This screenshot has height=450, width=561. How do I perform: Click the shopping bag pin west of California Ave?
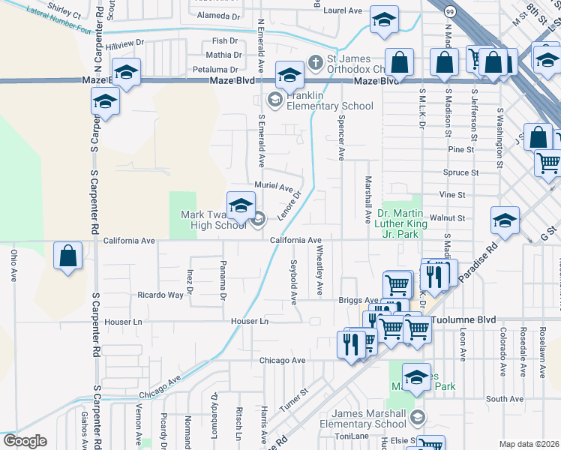click(68, 256)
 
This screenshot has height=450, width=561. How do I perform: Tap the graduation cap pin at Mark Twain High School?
click(241, 205)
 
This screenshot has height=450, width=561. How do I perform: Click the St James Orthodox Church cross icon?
click(316, 61)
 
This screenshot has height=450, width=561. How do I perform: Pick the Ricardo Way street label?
click(160, 295)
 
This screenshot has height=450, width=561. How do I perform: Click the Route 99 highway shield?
click(448, 12)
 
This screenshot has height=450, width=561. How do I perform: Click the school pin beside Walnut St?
click(504, 220)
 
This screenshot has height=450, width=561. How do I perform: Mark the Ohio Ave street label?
click(13, 265)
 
